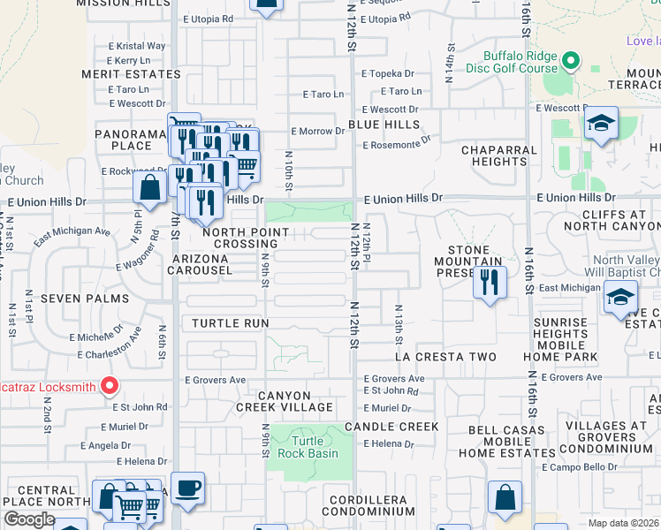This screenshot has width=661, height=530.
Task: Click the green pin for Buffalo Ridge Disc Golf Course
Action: [570, 62]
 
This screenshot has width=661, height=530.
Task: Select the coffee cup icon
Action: [187, 488]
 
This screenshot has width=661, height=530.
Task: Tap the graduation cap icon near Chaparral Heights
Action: [601, 125]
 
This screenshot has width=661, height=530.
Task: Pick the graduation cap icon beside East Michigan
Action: [621, 297]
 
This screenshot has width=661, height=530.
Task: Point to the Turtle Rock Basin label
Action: [302, 447]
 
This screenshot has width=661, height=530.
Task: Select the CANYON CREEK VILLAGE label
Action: [285, 400]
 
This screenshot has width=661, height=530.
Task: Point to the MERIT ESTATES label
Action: [131, 74]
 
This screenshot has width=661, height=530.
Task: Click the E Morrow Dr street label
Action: [317, 132]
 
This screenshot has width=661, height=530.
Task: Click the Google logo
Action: [29, 519]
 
